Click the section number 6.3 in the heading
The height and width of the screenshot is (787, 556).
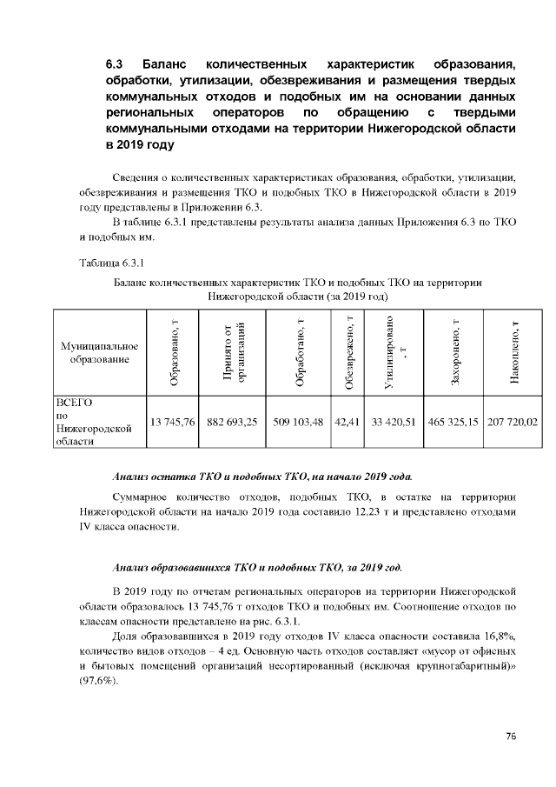pos(116,65)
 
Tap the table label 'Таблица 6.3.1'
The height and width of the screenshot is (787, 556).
pos(109,262)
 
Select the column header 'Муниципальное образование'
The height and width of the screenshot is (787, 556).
pos(98,352)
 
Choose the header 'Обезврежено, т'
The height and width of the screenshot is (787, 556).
pos(348,353)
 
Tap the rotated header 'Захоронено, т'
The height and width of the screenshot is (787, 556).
pos(454,353)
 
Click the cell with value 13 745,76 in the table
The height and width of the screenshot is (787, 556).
pos(172,423)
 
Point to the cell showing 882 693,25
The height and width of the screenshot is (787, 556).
pos(232,423)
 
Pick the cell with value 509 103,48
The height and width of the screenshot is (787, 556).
pos(298,423)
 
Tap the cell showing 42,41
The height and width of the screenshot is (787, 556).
pos(347,423)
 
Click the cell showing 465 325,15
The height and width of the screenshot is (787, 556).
pos(453,423)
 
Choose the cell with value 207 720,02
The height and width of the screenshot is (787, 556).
pos(513,423)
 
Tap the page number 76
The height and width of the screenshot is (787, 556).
pos(511,737)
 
